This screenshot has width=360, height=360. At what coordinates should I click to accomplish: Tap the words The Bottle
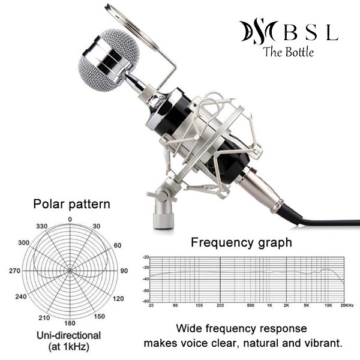(x=288, y=52)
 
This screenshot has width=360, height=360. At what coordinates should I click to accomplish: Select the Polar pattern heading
(x=71, y=204)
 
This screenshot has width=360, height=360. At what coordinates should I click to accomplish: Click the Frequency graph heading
(x=241, y=242)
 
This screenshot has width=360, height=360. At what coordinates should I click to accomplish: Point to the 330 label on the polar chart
(x=41, y=226)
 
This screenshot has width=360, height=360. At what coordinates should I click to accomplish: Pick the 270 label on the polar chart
(x=15, y=271)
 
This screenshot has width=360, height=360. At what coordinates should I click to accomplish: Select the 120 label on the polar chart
(x=118, y=298)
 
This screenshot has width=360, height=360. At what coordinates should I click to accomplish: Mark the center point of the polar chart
(x=70, y=271)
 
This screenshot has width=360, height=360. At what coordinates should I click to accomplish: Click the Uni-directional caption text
(x=69, y=335)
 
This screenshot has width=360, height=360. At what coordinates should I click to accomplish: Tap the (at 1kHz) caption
(x=69, y=347)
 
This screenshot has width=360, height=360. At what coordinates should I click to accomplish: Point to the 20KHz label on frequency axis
(x=346, y=305)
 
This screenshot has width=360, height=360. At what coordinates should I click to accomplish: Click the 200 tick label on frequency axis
(x=220, y=305)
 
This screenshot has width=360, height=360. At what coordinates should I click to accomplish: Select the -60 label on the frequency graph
(x=146, y=300)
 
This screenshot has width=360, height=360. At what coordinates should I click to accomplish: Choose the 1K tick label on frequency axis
(x=271, y=305)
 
